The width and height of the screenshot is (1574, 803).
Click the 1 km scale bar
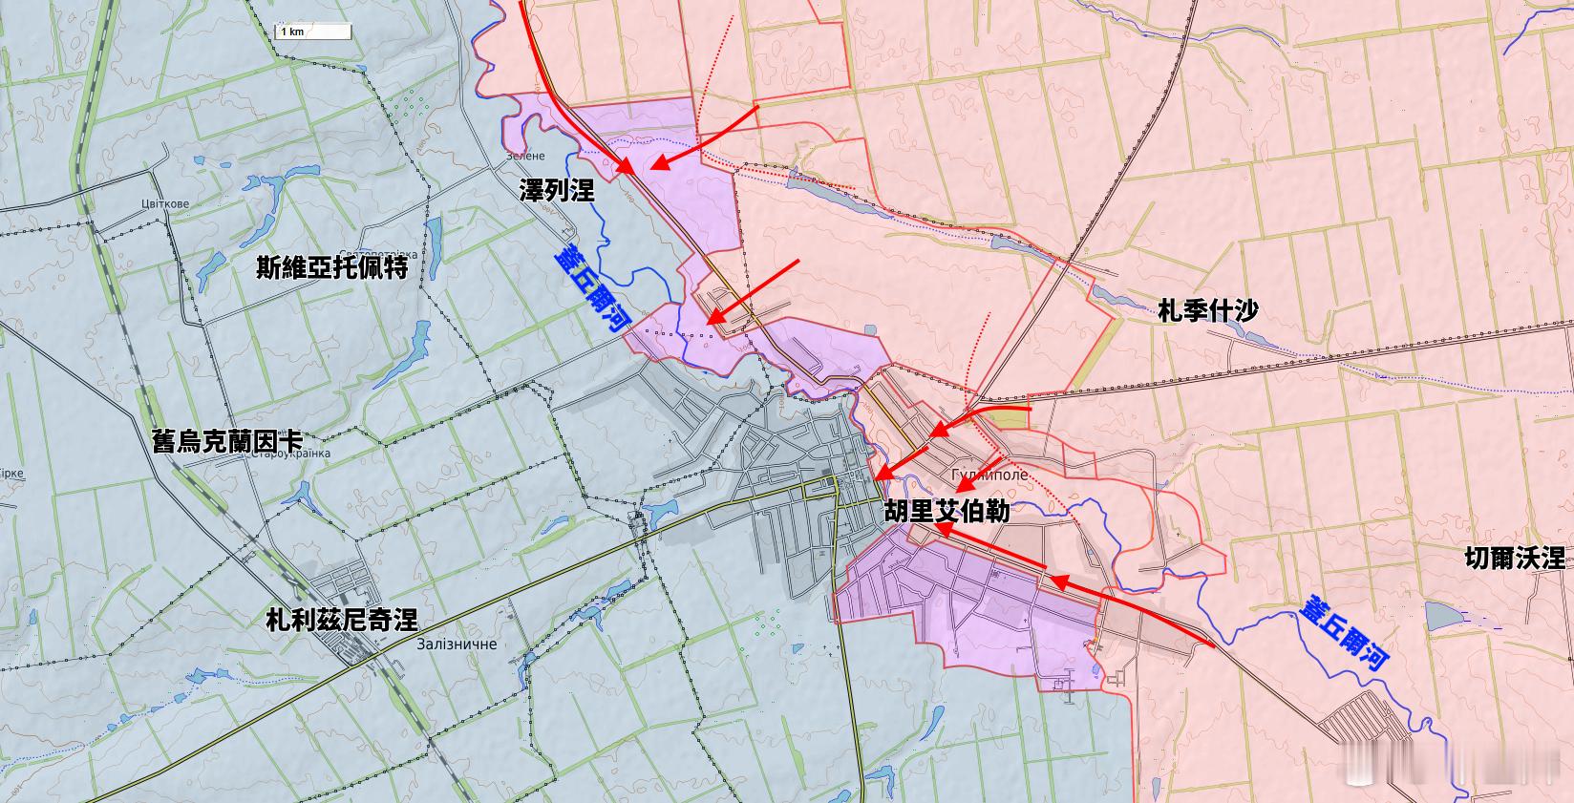point(314,32)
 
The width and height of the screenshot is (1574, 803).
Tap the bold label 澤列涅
point(557,190)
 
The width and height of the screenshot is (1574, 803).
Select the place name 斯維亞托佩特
point(332,267)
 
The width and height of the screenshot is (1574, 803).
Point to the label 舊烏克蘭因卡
point(227,441)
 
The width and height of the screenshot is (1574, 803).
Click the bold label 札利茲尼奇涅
point(341,620)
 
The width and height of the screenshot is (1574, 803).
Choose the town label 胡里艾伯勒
point(947,511)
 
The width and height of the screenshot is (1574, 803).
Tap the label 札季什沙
point(1207,310)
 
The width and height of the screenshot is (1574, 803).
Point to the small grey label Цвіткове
point(164,203)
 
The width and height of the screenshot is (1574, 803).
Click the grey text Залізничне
point(457,645)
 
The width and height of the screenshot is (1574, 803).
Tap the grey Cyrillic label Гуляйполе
point(989,475)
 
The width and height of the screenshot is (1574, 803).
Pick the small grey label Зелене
point(525,156)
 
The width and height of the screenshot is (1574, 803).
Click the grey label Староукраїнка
point(287,454)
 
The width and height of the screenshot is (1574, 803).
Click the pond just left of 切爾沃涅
point(1439,615)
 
